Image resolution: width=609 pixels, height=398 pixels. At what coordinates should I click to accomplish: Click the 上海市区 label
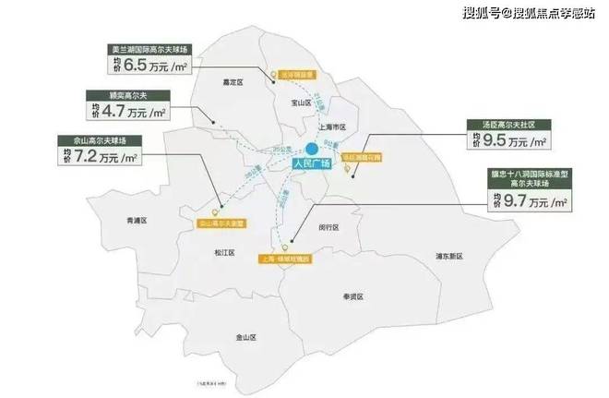click(x=330, y=127)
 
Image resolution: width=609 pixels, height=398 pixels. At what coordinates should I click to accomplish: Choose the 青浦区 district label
click(x=137, y=220)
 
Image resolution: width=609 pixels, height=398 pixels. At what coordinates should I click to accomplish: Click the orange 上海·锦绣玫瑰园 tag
click(x=289, y=259)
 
